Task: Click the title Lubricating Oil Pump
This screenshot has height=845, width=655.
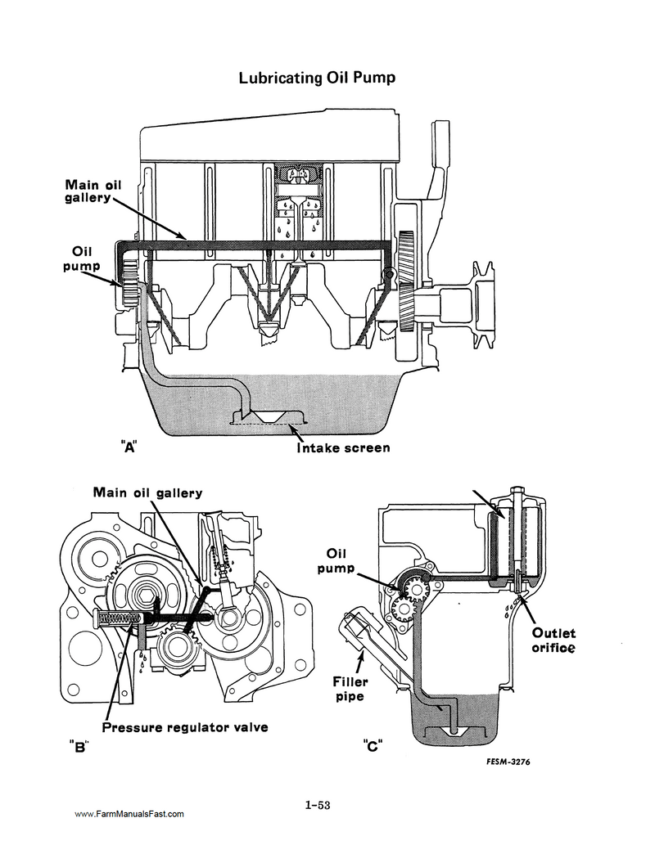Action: (x=318, y=79)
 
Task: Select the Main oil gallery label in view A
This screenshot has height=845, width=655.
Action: (x=93, y=193)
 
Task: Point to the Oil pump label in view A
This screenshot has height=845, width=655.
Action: (x=81, y=259)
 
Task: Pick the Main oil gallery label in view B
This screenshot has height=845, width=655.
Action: (x=147, y=492)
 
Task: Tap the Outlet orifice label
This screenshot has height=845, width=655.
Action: (x=553, y=640)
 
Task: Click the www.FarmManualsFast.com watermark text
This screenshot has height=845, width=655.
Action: (x=129, y=814)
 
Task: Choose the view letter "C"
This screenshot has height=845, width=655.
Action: (x=372, y=745)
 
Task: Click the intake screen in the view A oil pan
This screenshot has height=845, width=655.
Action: (x=267, y=421)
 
